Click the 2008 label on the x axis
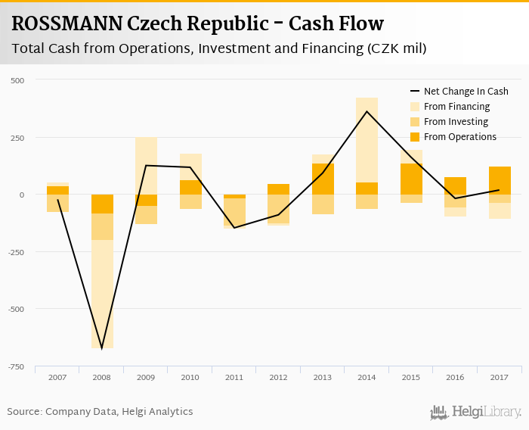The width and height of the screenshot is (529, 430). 101,376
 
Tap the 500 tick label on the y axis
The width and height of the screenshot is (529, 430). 17,80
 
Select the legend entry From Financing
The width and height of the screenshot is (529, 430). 456,107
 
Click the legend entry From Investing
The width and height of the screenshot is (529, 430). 456,122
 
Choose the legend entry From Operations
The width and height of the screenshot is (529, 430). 459,137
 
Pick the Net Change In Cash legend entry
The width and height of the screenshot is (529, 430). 466,92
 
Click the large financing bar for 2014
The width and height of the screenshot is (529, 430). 367,140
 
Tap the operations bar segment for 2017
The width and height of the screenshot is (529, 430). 500,180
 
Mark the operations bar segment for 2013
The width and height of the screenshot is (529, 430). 323,179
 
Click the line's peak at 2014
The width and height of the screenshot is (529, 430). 367,111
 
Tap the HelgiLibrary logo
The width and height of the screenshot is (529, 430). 476,413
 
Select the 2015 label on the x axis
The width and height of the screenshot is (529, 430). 411,376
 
